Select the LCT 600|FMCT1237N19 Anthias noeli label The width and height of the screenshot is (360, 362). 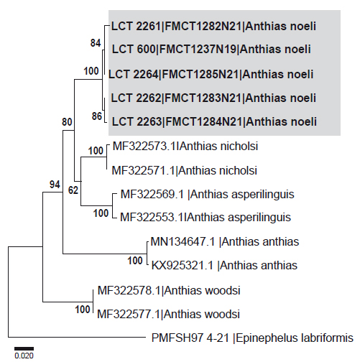pyautogui.click(x=211, y=50)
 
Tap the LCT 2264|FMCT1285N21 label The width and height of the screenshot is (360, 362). pyautogui.click(x=211, y=74)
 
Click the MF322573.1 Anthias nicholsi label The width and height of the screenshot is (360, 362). pyautogui.click(x=185, y=147)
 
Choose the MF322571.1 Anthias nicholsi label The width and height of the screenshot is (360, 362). pyautogui.click(x=185, y=171)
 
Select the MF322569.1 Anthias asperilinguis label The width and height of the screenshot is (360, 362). pyautogui.click(x=207, y=195)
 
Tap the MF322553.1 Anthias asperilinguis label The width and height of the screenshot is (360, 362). pyautogui.click(x=206, y=218)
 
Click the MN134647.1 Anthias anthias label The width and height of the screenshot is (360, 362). pyautogui.click(x=225, y=242)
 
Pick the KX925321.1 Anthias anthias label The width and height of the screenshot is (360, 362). pyautogui.click(x=224, y=266)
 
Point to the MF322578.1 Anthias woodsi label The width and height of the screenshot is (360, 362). pyautogui.click(x=169, y=291)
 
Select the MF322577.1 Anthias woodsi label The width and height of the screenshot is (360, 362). pyautogui.click(x=168, y=314)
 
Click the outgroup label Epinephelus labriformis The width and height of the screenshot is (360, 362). pyautogui.click(x=252, y=338)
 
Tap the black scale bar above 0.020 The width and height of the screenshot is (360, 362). pyautogui.click(x=24, y=348)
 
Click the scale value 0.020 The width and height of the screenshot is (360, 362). pyautogui.click(x=24, y=356)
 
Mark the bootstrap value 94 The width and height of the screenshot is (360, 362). pyautogui.click(x=55, y=185)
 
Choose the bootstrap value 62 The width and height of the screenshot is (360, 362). pyautogui.click(x=73, y=190)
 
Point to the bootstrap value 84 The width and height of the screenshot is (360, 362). pyautogui.click(x=96, y=43)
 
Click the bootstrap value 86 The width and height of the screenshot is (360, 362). pyautogui.click(x=97, y=116)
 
